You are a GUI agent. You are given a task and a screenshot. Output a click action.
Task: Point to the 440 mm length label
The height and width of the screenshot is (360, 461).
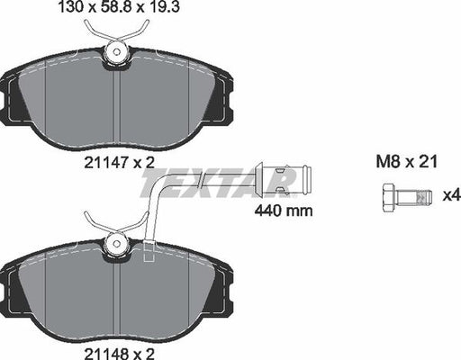tap(284, 212)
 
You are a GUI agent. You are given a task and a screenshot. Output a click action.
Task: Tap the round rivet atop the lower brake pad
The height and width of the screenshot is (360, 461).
tap(115, 242)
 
